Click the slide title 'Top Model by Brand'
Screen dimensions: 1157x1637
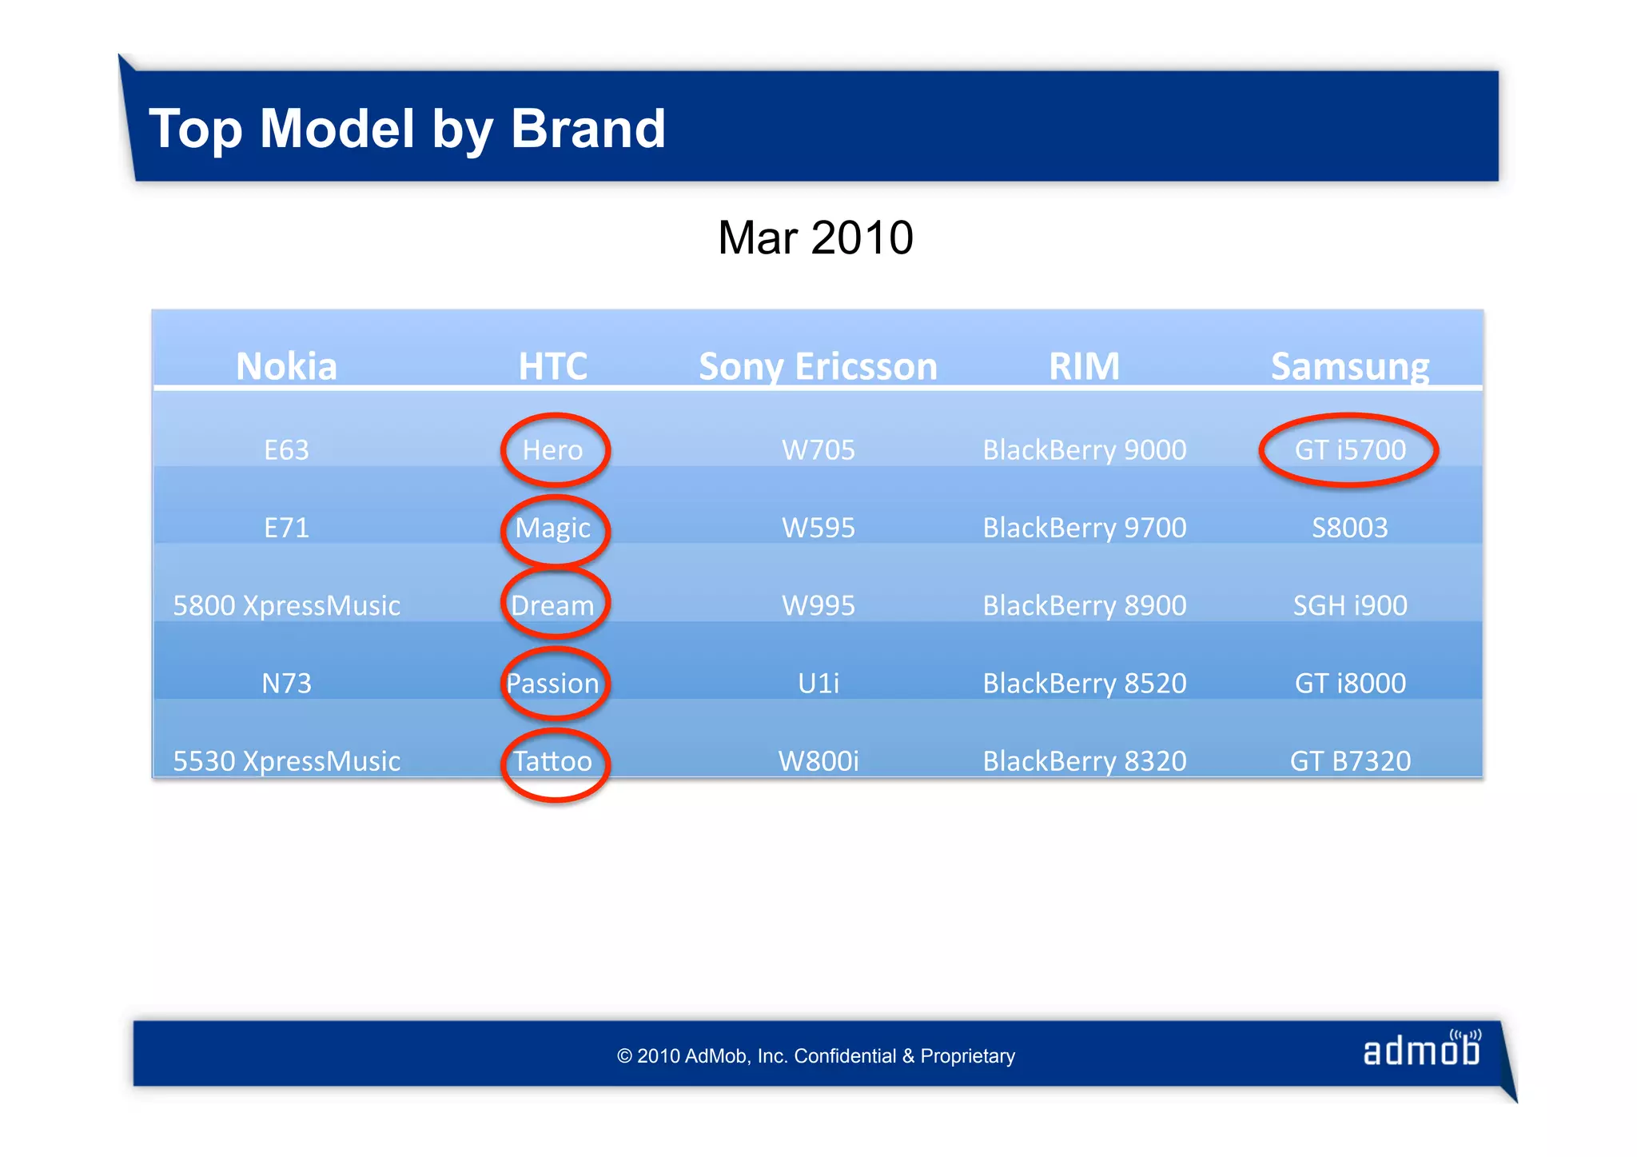point(407,129)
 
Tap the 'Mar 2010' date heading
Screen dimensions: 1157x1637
point(815,237)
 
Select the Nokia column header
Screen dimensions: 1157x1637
point(286,366)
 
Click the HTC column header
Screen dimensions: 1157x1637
point(552,366)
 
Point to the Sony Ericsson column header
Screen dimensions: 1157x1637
point(818,366)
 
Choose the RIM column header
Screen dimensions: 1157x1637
point(1084,366)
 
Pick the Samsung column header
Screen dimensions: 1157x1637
point(1350,366)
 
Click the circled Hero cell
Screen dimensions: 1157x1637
point(553,450)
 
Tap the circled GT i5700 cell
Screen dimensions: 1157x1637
point(1350,450)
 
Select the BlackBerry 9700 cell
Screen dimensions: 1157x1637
point(1085,528)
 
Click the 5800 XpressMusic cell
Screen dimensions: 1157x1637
point(286,605)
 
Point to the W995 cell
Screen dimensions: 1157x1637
point(818,605)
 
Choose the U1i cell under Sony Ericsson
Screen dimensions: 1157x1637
point(818,683)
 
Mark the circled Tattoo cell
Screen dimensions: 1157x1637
point(553,761)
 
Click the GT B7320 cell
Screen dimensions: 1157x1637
point(1350,761)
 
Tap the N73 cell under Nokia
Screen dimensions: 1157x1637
point(286,683)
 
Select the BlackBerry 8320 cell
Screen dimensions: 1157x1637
point(1085,761)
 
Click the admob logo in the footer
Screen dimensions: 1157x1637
point(1422,1050)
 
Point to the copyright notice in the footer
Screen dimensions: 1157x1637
point(815,1056)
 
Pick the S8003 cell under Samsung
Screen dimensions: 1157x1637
point(1350,528)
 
